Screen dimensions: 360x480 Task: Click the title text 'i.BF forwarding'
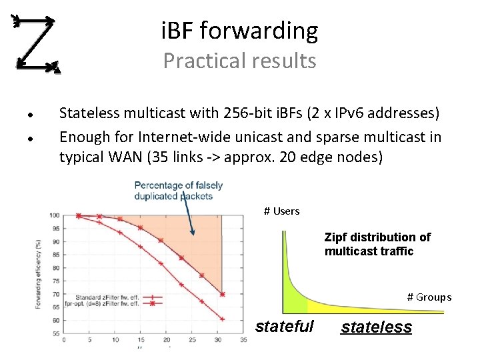(239, 31)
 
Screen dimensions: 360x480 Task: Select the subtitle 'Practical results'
(239, 61)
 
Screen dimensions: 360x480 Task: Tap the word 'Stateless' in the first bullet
(88, 113)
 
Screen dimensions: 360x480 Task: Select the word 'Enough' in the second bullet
(82, 137)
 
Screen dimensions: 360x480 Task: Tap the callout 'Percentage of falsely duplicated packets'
(178, 190)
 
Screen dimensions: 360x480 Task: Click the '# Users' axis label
(281, 211)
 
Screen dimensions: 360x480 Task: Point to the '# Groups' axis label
(429, 297)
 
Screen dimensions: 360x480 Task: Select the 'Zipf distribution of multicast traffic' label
(377, 244)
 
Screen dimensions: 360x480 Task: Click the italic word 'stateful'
(284, 327)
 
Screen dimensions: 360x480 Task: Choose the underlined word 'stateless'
(376, 327)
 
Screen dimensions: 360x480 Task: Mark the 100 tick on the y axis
(55, 215)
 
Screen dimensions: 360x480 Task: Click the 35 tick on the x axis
(244, 340)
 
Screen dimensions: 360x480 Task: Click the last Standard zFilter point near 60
(222, 319)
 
